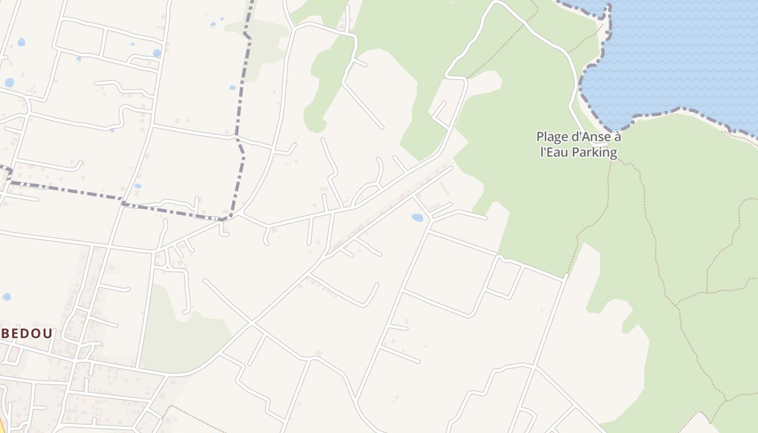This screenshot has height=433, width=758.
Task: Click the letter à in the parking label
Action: [x=617, y=137]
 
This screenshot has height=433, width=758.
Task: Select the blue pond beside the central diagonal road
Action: [x=417, y=218]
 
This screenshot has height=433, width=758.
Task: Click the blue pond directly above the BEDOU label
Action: [x=6, y=297]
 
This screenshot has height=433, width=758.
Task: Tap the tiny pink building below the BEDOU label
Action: [x=16, y=351]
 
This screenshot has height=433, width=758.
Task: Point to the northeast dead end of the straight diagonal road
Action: [x=451, y=168]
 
